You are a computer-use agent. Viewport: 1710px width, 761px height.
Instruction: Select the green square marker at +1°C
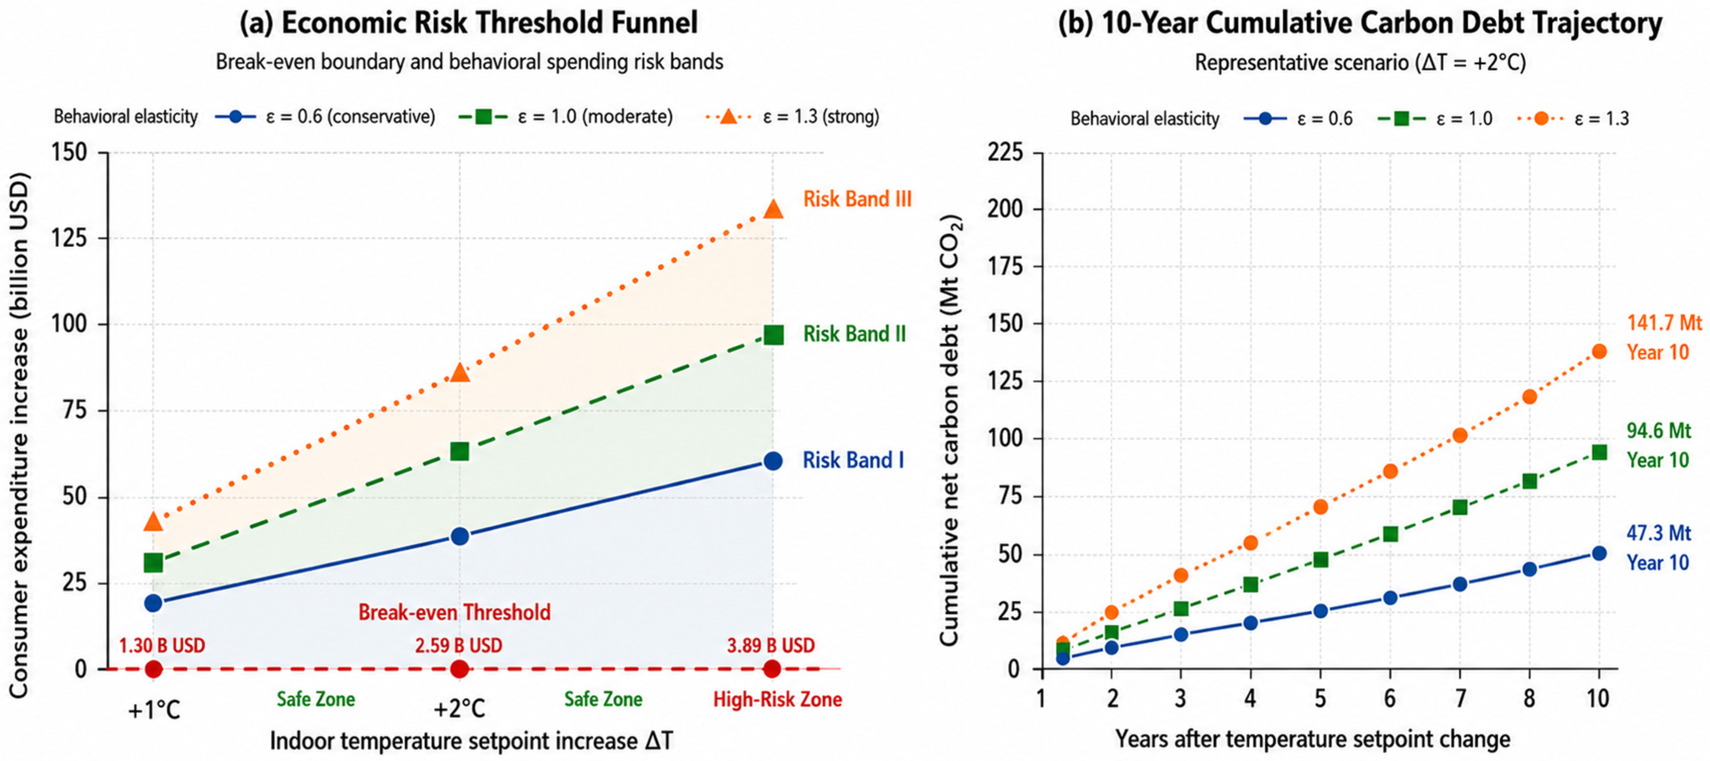[x=153, y=562]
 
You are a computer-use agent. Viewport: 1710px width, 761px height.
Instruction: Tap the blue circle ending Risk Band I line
[x=773, y=461]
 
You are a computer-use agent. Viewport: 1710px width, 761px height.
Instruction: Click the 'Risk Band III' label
[x=857, y=199]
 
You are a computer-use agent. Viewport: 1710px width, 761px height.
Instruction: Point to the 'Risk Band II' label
[x=854, y=334]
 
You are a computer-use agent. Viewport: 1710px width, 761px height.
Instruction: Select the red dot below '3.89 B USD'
[x=772, y=669]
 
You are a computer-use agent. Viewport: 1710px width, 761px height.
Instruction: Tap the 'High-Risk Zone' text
[x=777, y=699]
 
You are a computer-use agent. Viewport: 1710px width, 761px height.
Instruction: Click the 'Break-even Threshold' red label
[x=455, y=612]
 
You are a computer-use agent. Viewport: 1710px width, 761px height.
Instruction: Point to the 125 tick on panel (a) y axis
[x=70, y=238]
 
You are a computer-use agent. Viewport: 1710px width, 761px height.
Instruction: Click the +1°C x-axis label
[x=154, y=710]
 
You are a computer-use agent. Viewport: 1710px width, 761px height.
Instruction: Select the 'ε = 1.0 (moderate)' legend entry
[x=565, y=117]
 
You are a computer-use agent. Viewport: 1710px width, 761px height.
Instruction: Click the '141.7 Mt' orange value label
[x=1664, y=323]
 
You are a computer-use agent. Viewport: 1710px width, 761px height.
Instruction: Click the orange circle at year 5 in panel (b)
[x=1320, y=507]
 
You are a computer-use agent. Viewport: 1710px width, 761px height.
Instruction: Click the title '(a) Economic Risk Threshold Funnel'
[x=469, y=23]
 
